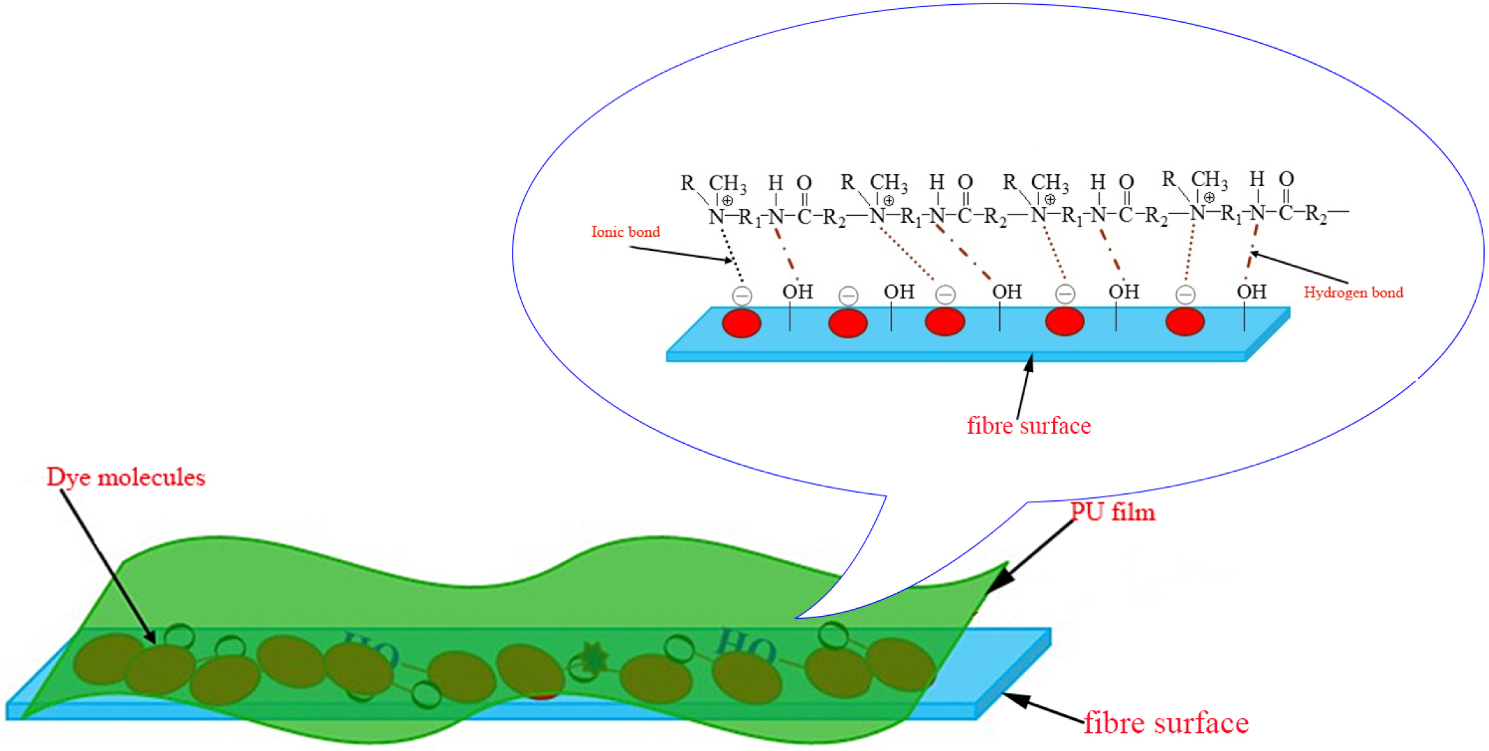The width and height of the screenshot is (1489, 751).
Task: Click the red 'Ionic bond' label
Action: [625, 232]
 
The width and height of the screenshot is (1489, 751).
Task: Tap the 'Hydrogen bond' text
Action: [1352, 293]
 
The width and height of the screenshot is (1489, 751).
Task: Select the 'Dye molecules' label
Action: [125, 477]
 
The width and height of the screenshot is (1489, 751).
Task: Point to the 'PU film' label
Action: [1112, 512]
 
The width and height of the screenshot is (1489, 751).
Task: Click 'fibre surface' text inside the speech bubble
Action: [1028, 426]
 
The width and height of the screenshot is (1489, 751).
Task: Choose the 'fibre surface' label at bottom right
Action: [1166, 723]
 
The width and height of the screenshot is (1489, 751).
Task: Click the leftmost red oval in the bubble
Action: [741, 323]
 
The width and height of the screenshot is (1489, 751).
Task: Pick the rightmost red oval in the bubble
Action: [1185, 322]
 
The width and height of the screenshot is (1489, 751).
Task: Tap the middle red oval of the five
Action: [944, 322]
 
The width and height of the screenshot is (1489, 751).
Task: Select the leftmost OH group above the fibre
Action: [797, 292]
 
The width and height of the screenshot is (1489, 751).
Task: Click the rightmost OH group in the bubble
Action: [1251, 292]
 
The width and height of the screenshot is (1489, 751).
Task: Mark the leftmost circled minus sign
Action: [742, 296]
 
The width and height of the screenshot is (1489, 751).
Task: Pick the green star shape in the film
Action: [593, 657]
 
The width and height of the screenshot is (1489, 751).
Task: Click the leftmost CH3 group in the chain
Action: [727, 183]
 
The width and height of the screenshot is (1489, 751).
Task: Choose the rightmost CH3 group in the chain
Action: [1209, 180]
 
